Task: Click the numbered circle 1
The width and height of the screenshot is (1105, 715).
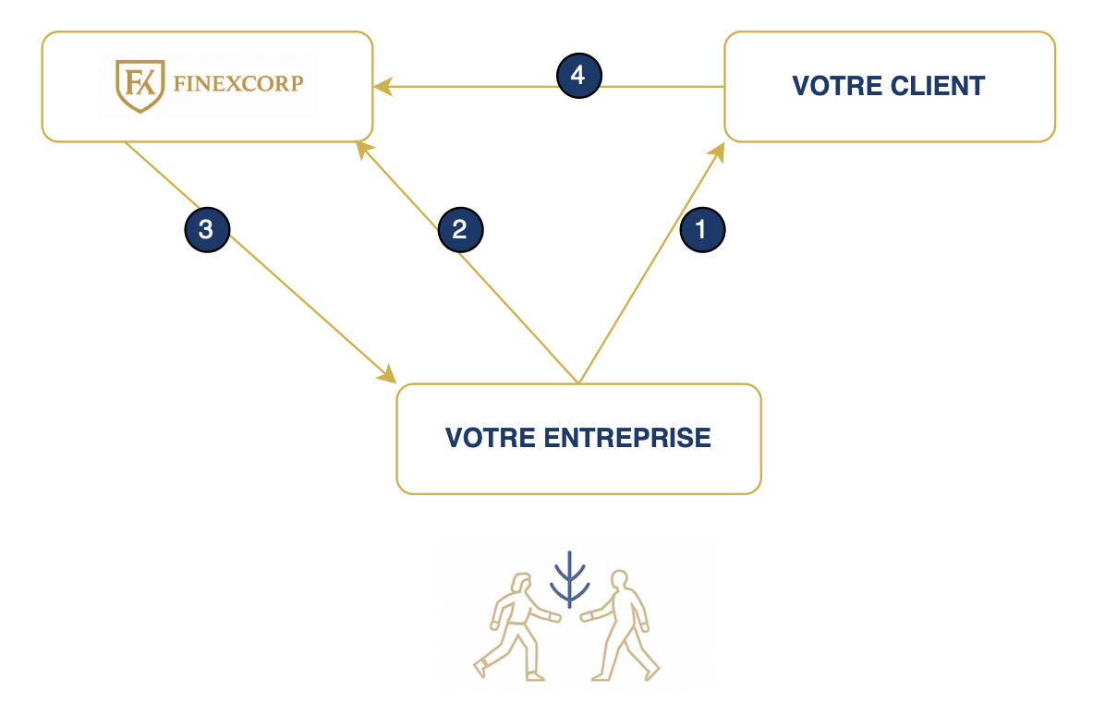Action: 702,229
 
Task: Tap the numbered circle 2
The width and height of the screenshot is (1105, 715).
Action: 460,229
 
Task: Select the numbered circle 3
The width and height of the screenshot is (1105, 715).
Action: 207,229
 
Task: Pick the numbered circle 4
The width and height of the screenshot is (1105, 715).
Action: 578,75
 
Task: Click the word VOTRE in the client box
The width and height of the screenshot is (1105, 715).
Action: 827,86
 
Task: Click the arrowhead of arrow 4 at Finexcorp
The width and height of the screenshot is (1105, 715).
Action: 382,87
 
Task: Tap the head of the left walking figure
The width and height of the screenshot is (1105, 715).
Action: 521,585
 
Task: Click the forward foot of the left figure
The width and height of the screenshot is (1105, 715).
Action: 480,667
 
